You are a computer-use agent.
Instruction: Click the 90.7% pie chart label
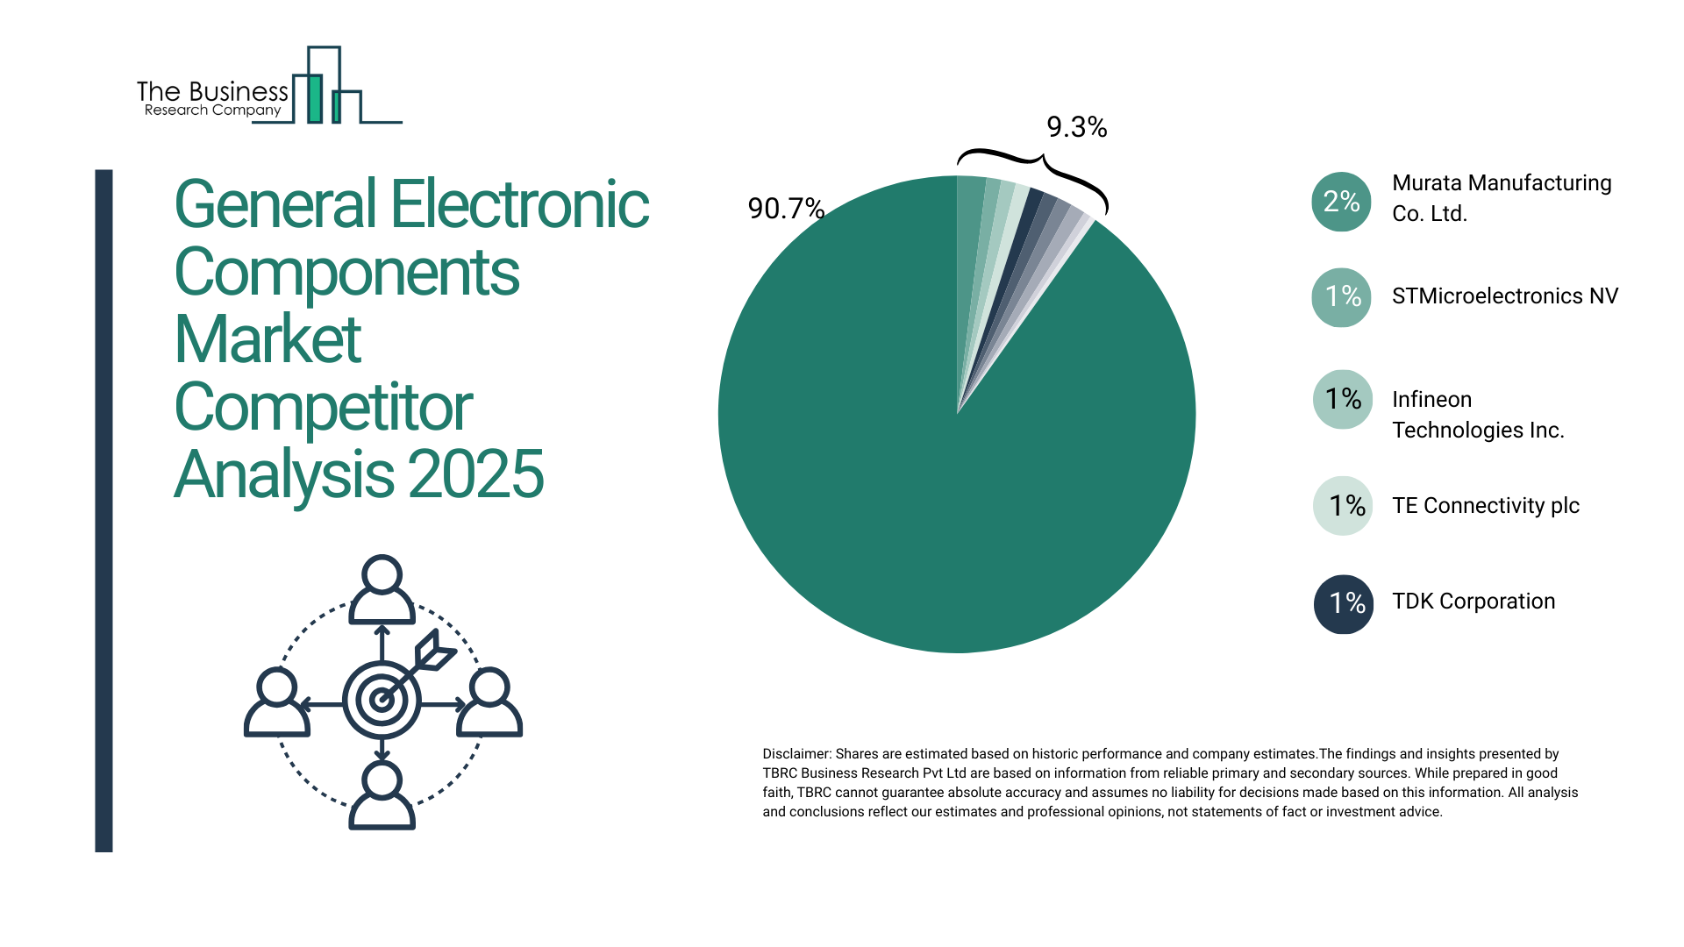tap(785, 209)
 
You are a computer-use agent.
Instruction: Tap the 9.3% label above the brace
tap(1076, 128)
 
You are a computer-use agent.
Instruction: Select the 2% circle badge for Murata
tap(1341, 202)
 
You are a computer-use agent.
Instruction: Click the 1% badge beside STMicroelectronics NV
tap(1341, 297)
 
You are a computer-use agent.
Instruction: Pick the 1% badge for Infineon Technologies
tap(1342, 400)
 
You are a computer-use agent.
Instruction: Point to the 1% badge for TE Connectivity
tap(1343, 506)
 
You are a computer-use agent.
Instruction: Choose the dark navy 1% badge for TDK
tap(1343, 603)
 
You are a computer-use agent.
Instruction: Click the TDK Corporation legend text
tap(1473, 602)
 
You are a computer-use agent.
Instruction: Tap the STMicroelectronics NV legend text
tap(1504, 296)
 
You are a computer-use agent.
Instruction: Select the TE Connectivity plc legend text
tap(1485, 506)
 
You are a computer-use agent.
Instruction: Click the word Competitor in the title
tap(324, 408)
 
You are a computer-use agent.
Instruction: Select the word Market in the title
tap(268, 340)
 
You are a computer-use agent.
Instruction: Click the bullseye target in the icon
tap(382, 700)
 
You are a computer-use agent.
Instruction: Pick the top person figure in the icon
tap(382, 589)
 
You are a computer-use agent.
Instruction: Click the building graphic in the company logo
tap(325, 88)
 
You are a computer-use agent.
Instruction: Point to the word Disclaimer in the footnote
tap(796, 754)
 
